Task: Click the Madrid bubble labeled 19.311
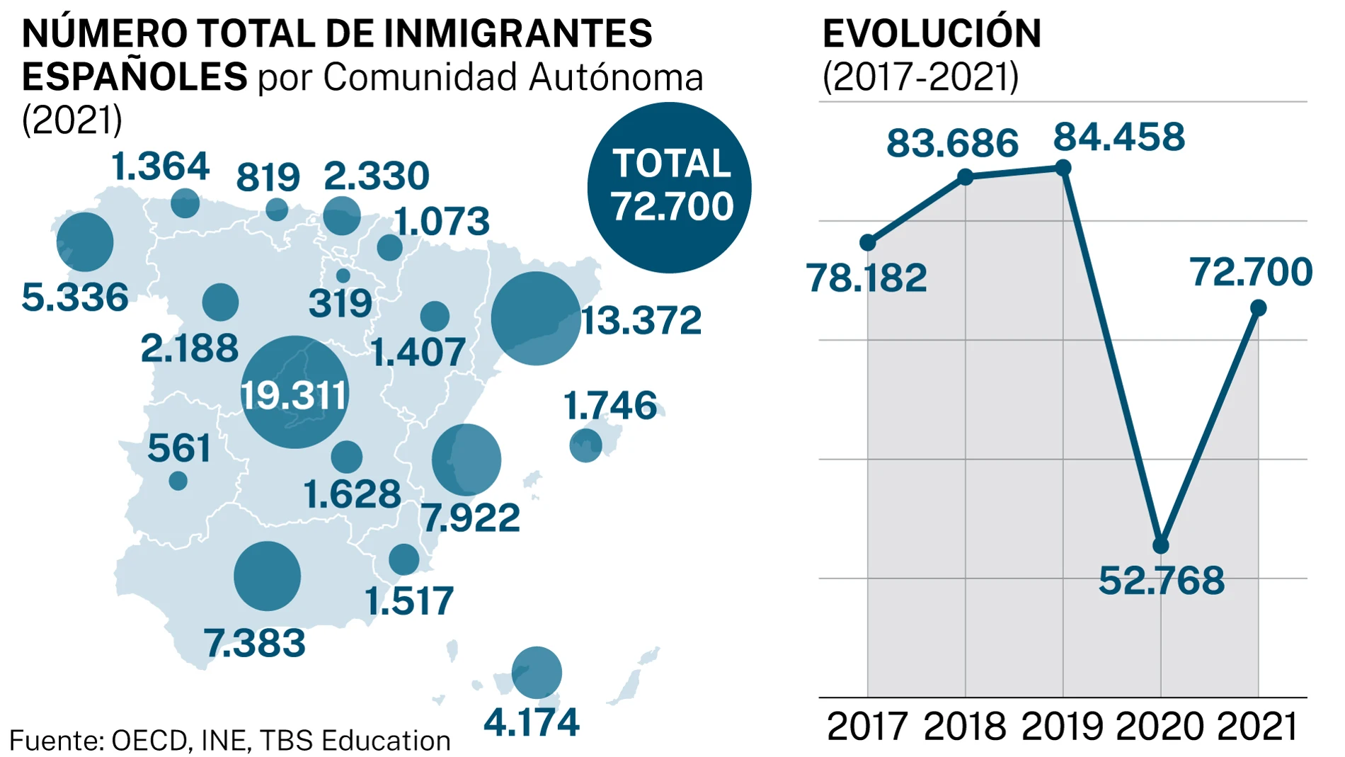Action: (x=294, y=392)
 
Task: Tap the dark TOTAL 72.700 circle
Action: (x=670, y=188)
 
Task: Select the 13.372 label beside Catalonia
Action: (x=641, y=321)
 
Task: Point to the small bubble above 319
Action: (x=343, y=275)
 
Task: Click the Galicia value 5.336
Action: (x=75, y=297)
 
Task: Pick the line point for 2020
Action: (x=1161, y=545)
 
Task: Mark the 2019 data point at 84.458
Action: (x=1063, y=168)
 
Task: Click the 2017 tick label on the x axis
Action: (x=866, y=727)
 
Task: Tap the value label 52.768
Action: (x=1161, y=581)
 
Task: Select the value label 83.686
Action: (x=952, y=143)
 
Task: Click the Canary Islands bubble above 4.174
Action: (x=537, y=673)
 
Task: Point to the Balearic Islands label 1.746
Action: (x=609, y=406)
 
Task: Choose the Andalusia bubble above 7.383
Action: (x=267, y=576)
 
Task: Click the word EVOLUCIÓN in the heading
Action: (x=932, y=33)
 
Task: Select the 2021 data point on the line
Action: (x=1258, y=308)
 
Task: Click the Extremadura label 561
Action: (x=179, y=449)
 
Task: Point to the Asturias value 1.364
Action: (x=160, y=167)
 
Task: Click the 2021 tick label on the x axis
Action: (x=1257, y=727)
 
